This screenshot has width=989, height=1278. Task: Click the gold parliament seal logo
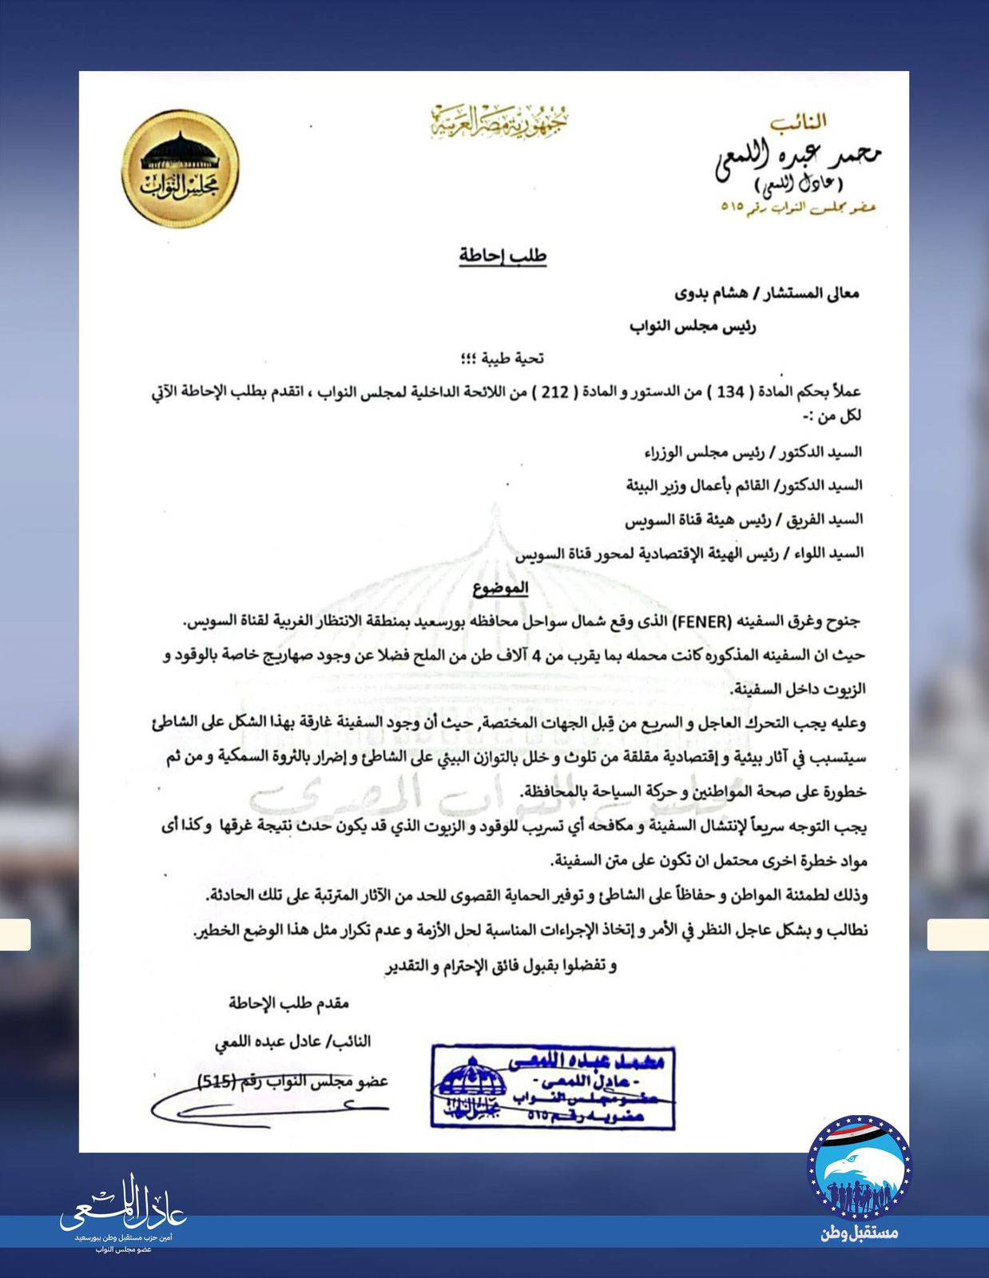coord(181,169)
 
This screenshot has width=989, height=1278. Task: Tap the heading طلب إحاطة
coord(502,256)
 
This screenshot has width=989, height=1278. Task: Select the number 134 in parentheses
coord(727,392)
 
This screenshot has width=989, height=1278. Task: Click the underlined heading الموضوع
coord(501,588)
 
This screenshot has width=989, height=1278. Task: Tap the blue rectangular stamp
coord(553,1086)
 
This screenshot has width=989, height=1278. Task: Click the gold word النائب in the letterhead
coord(798,121)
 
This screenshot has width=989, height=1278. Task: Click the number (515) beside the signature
coord(215,1082)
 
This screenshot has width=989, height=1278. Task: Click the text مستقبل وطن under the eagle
coord(860,1232)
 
